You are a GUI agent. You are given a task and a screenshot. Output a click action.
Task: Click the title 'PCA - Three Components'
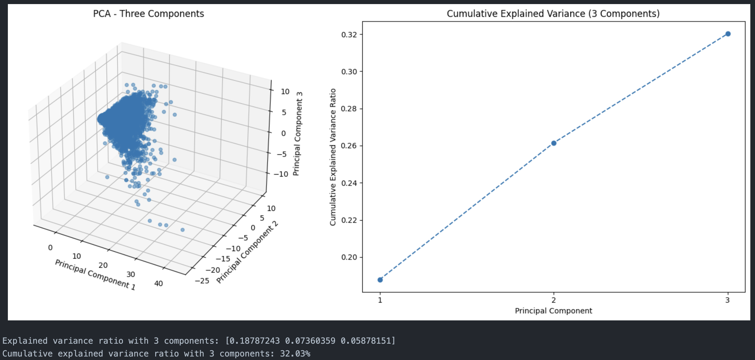148,14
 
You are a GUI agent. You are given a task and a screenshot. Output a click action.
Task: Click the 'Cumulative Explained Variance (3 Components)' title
553,14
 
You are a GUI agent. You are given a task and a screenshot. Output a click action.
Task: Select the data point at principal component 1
380,280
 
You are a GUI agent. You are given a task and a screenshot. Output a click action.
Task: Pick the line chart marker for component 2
554,143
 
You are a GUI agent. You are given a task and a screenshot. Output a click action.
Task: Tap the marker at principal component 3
728,34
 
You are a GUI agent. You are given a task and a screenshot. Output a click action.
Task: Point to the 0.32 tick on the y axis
349,35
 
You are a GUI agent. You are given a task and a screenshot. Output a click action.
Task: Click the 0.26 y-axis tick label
349,146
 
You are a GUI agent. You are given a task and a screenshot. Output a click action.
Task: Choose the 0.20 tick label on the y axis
349,257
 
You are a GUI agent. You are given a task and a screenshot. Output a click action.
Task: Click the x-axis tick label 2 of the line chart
554,300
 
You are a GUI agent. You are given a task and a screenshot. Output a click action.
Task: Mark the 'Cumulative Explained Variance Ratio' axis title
333,157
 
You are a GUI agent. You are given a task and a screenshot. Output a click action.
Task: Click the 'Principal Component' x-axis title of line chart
553,311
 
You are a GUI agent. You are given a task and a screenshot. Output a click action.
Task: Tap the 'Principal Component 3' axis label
298,134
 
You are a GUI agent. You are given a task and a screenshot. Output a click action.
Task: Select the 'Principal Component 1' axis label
95,275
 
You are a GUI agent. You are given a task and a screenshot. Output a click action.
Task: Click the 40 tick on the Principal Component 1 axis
158,283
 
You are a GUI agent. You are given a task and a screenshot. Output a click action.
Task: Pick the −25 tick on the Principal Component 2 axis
202,281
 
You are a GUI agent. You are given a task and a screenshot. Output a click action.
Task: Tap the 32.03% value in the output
295,354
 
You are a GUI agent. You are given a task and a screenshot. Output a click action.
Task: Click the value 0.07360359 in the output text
310,341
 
